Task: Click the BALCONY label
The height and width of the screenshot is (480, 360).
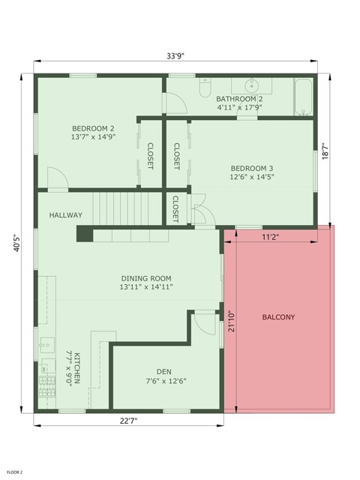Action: pos(278,317)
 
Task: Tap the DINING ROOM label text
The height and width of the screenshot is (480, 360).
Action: pos(146,278)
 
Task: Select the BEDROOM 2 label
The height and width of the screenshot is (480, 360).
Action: pos(93,128)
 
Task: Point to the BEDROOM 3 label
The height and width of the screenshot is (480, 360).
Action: pos(252,168)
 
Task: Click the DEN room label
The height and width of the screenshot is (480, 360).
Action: pos(163,371)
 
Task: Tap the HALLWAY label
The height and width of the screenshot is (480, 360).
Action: pos(66,215)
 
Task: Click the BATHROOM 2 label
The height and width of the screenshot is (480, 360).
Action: pos(239,99)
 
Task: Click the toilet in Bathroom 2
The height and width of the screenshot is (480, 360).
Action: pos(205,88)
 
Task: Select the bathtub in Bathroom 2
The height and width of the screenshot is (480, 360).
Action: pos(304,96)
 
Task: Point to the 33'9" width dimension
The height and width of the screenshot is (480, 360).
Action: pos(175,55)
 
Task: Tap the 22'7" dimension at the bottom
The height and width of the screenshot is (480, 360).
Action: pos(128,421)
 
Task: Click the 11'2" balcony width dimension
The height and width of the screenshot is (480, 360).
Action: pos(271,238)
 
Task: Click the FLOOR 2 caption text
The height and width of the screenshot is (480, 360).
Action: pos(15,472)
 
